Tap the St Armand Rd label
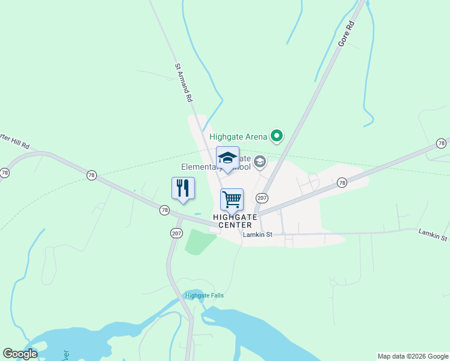[x=183, y=82]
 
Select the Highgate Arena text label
[x=238, y=137]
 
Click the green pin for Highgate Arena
[x=277, y=137]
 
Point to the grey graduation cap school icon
[x=260, y=161]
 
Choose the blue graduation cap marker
[x=227, y=158]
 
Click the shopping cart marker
[x=232, y=199]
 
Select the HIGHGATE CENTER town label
[x=235, y=221]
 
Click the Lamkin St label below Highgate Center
[x=257, y=235]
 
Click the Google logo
[x=20, y=354]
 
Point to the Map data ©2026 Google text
[x=413, y=356]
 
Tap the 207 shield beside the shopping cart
[x=262, y=198]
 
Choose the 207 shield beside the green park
[x=176, y=233]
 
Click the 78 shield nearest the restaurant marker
[x=164, y=210]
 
